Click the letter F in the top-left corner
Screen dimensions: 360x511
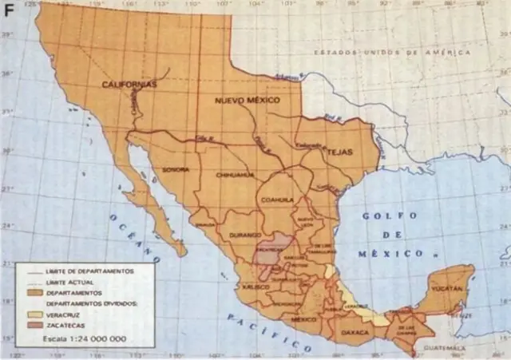pyautogui.click(x=10, y=11)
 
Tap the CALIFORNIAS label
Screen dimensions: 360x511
pyautogui.click(x=129, y=84)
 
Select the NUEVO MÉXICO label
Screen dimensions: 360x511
pyautogui.click(x=248, y=101)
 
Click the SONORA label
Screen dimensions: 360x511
pyautogui.click(x=176, y=170)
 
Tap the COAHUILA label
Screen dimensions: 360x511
pyautogui.click(x=277, y=200)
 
